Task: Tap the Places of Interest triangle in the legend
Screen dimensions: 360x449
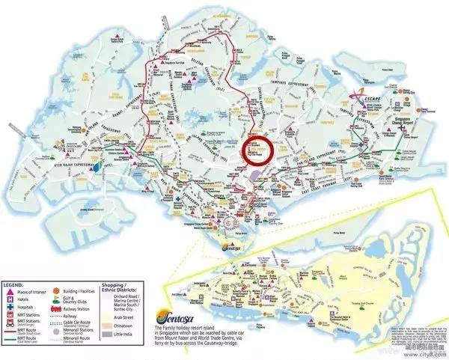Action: click(8, 291)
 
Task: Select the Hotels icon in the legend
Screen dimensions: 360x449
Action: click(8, 299)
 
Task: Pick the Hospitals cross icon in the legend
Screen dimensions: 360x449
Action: click(8, 306)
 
